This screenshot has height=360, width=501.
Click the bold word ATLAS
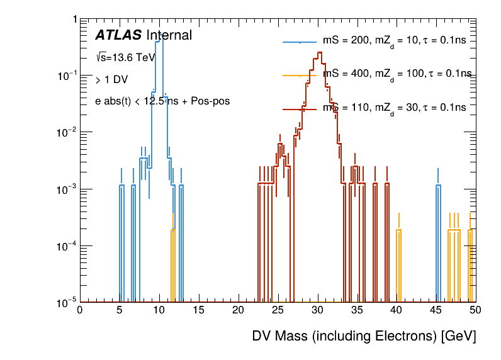[118, 36]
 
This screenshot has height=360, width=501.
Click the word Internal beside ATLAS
[169, 36]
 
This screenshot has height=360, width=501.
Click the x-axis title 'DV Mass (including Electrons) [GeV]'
[364, 336]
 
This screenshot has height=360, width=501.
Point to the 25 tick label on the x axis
[278, 310]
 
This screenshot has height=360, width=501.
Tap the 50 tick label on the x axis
[475, 310]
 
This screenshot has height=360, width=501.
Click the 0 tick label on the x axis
[79, 310]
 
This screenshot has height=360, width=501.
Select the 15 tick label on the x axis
[198, 310]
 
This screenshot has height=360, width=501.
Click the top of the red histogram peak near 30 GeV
[320, 53]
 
